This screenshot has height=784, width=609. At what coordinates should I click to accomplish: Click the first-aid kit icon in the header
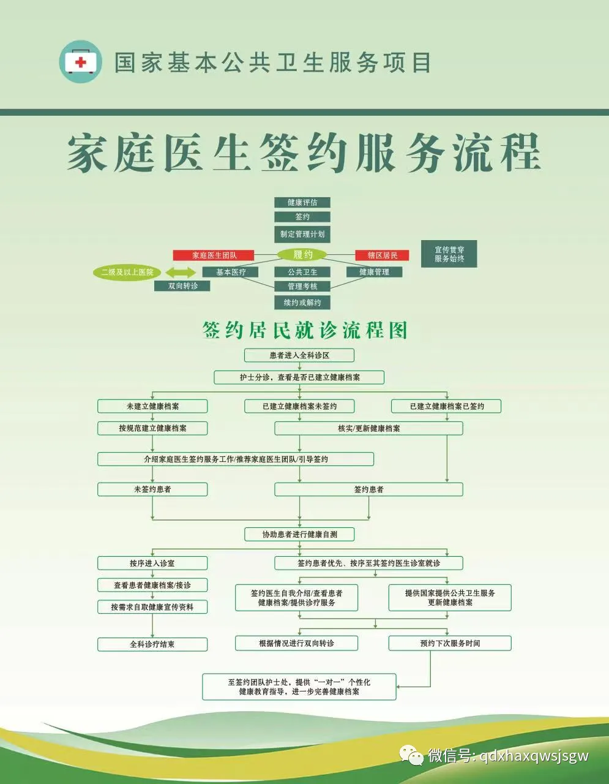click(x=80, y=62)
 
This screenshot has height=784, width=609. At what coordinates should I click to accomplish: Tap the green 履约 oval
click(x=302, y=255)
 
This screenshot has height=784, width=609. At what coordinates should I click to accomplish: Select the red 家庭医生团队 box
click(x=214, y=255)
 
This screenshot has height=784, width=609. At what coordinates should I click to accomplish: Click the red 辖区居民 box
click(x=382, y=255)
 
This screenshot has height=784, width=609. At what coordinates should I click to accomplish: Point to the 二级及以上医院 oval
click(x=127, y=272)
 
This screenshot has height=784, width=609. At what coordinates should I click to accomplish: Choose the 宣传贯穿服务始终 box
click(x=449, y=254)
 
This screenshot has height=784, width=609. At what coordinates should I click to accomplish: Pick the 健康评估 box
click(x=302, y=202)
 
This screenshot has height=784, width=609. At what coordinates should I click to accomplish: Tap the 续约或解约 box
click(x=302, y=302)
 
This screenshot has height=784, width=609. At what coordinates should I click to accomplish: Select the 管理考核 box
click(x=302, y=286)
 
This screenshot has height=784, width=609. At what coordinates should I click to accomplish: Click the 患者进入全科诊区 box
click(x=299, y=355)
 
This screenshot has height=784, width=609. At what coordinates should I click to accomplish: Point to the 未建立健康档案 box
click(x=152, y=406)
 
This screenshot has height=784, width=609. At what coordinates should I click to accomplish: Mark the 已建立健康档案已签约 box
click(x=446, y=406)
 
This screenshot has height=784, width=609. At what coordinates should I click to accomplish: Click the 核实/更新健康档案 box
click(x=368, y=428)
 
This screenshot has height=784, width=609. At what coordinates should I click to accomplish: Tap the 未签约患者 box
click(x=152, y=489)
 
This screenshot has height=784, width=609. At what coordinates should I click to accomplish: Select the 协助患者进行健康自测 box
click(x=299, y=534)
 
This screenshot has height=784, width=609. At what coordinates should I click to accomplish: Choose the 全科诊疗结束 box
click(x=152, y=644)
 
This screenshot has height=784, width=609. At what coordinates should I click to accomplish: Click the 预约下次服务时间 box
click(x=449, y=643)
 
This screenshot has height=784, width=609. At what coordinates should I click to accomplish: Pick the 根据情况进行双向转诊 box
click(x=296, y=643)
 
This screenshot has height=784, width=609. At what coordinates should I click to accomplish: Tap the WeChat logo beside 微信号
click(x=412, y=755)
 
